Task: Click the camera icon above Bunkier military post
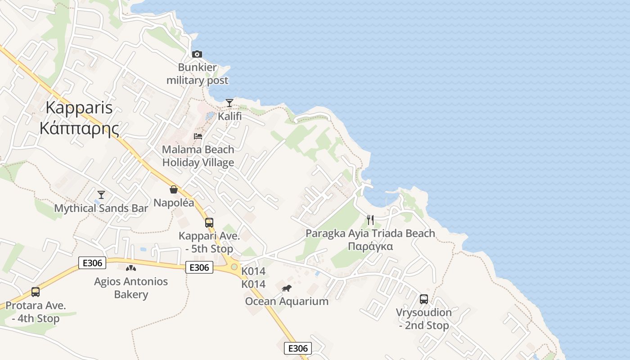point(197,54)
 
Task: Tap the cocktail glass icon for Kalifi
point(229,103)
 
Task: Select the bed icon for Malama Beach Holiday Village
point(198,136)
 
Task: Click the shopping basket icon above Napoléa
point(174,189)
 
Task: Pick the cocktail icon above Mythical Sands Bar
point(101,194)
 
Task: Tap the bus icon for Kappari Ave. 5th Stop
point(209,222)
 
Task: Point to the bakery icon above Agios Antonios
point(130,268)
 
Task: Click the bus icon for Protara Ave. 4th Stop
point(36,292)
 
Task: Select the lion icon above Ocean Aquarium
point(287,288)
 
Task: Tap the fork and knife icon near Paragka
point(370,220)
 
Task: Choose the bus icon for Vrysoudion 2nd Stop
point(423,299)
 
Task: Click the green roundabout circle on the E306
point(234,267)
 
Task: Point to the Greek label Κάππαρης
point(79,129)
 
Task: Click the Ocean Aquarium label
point(287,301)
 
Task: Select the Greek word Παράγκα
point(370,246)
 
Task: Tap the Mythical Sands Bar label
point(101,208)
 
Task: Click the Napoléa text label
point(174,202)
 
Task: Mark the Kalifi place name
point(229,116)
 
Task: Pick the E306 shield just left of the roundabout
point(199,267)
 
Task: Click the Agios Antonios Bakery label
point(131,288)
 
